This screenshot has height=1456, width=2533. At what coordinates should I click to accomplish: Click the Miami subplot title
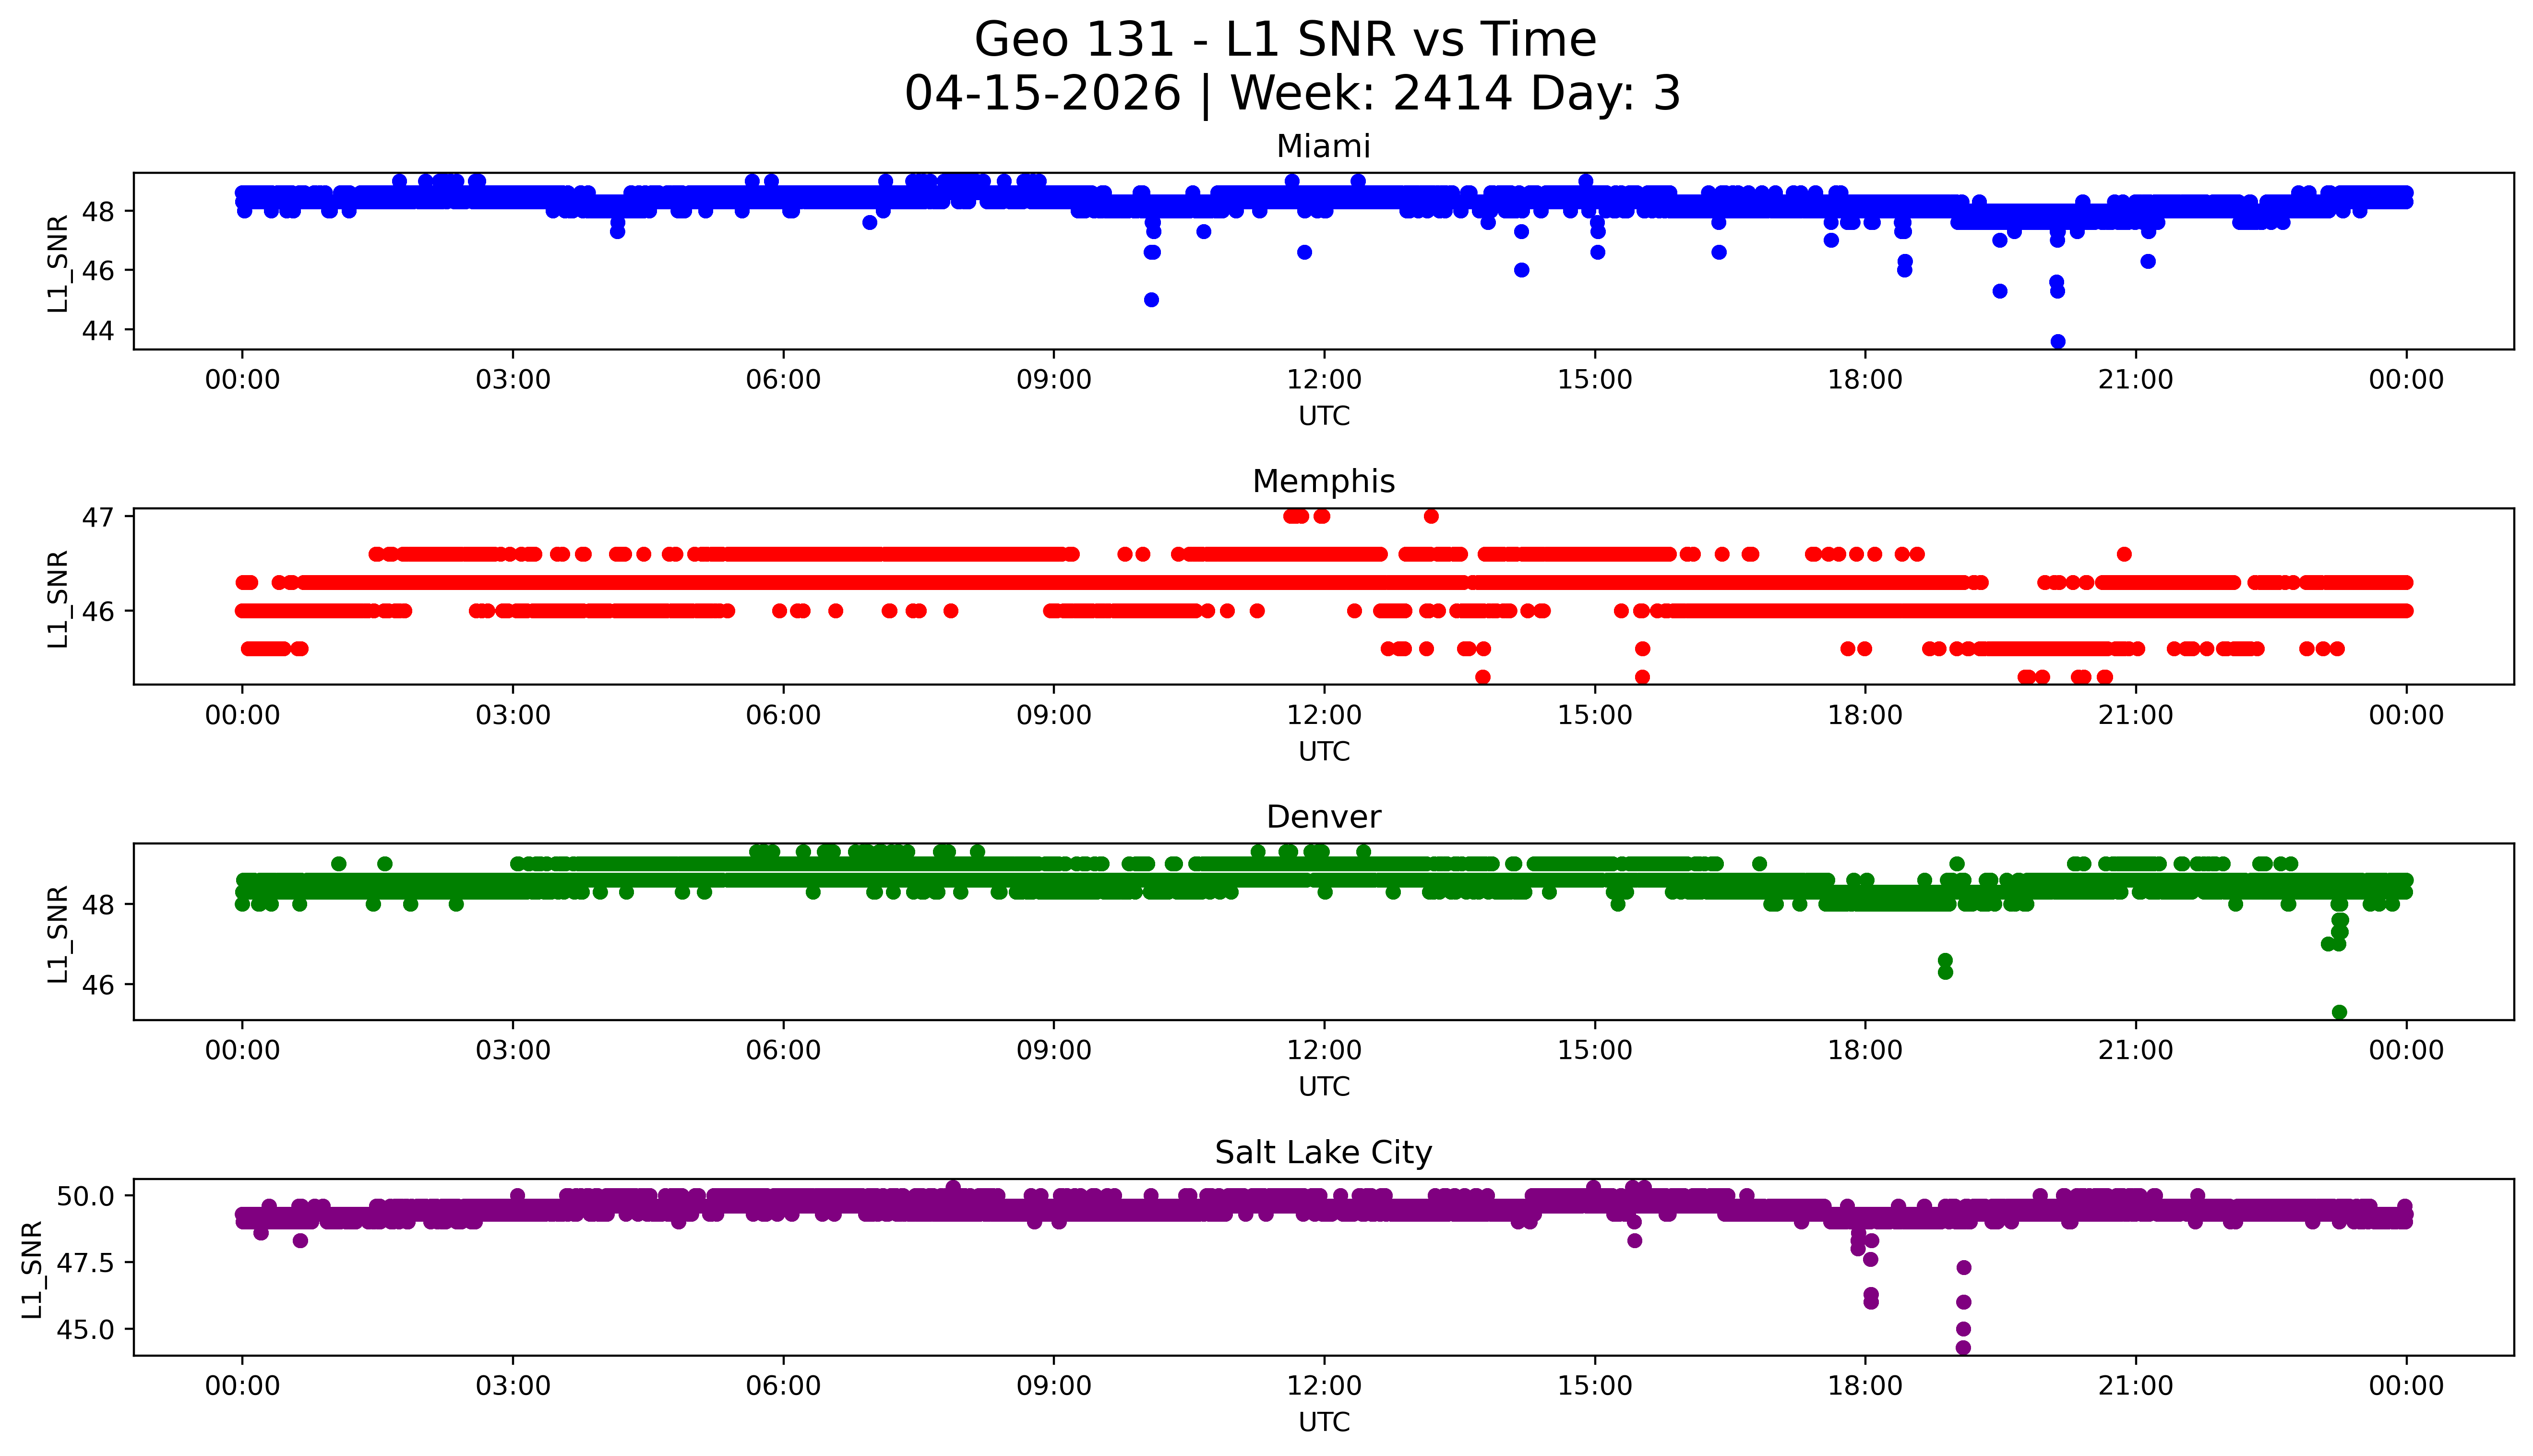click(1323, 147)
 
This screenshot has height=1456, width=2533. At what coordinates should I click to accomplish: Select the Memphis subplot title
click(1323, 482)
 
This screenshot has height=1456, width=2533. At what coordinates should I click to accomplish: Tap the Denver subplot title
click(1323, 817)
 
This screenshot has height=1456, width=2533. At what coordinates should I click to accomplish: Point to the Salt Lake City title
click(1323, 1153)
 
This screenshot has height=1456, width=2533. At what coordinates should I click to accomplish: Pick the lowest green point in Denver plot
click(2339, 1012)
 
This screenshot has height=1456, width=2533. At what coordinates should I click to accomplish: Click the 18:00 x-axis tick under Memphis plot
click(1865, 715)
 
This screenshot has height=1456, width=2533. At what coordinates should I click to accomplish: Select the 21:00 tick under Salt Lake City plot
click(2135, 1386)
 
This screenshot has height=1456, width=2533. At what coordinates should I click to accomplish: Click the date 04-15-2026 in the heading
click(1042, 94)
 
